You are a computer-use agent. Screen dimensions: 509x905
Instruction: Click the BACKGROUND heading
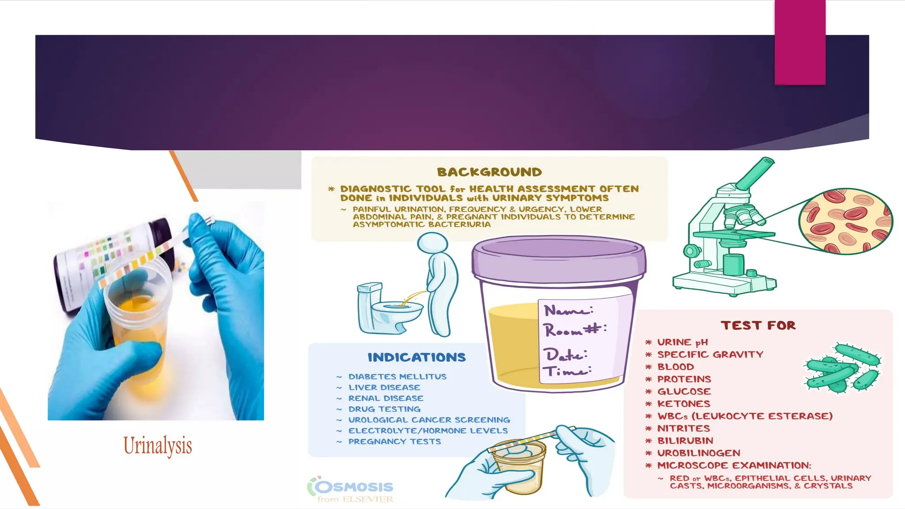489,172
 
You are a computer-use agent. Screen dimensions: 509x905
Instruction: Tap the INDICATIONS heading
416,357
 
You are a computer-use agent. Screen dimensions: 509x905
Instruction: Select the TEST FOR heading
758,326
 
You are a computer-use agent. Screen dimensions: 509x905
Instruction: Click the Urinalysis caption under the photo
158,445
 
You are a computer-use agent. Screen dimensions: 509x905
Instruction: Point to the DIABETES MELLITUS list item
397,377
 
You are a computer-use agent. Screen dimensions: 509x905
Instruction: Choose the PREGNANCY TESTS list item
394,441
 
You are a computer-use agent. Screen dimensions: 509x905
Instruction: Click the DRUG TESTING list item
384,409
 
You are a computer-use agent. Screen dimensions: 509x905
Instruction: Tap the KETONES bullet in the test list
684,404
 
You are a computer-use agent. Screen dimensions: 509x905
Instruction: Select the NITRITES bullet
684,429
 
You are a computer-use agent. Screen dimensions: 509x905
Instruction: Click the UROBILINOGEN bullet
698,453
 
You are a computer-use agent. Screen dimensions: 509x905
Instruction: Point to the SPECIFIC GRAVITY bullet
710,354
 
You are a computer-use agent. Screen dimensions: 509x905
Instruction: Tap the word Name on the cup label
568,311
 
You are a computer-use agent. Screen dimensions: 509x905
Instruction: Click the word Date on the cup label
564,355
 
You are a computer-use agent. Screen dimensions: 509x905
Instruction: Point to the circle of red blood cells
845,221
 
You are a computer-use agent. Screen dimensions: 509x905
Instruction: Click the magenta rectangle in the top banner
800,42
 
